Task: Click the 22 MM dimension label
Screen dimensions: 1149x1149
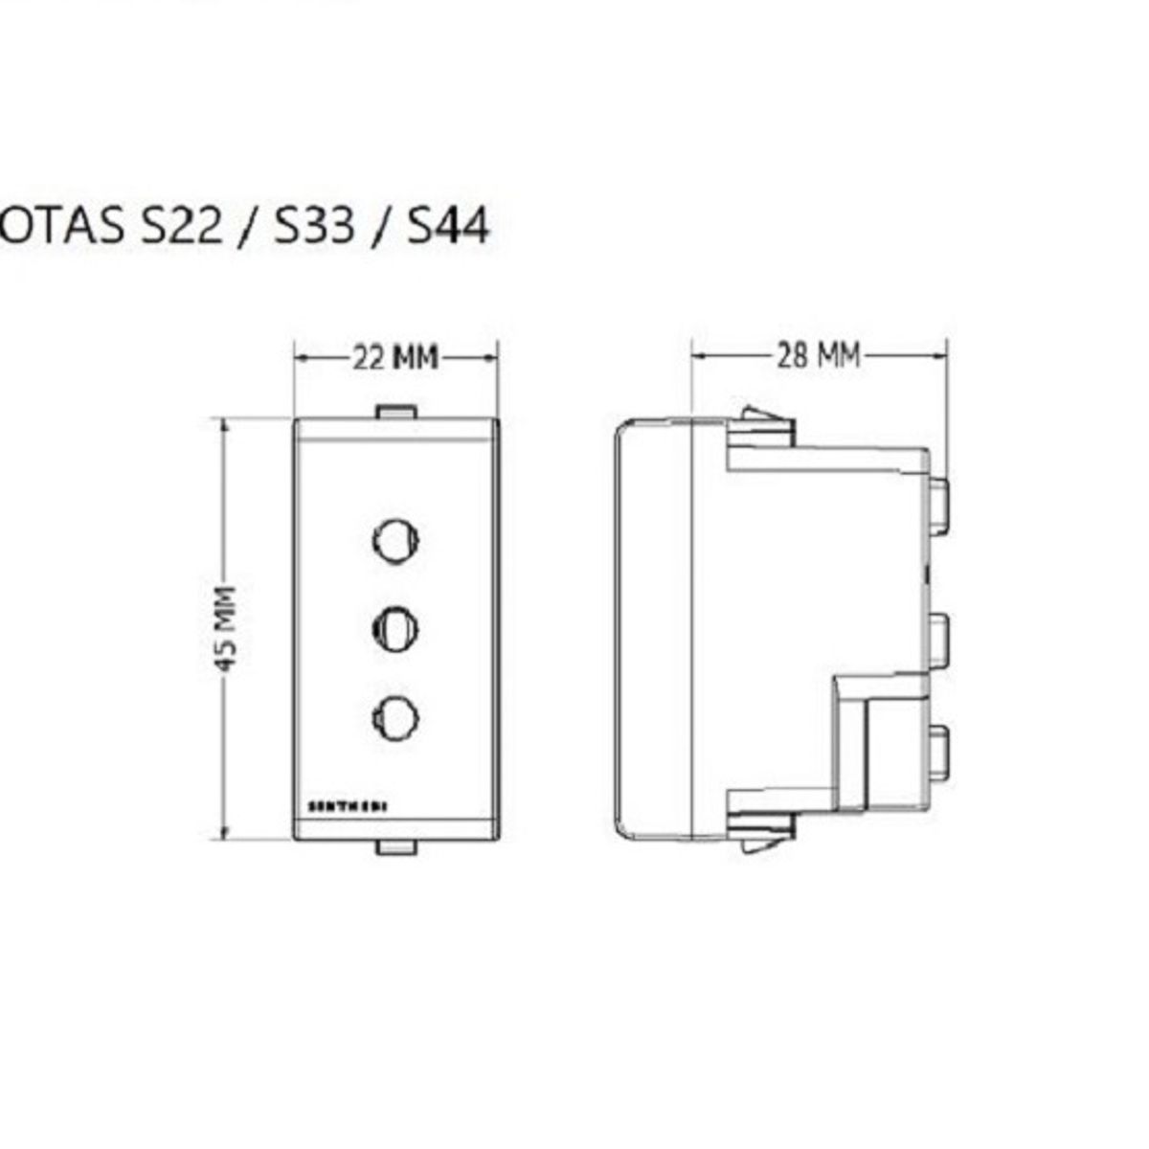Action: (395, 358)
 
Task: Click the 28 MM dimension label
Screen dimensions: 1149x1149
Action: (817, 356)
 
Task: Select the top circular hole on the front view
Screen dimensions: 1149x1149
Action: (395, 540)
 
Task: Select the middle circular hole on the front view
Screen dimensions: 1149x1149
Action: (395, 628)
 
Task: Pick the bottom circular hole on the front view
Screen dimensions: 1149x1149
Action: (395, 717)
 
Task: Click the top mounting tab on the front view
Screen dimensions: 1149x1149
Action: (395, 412)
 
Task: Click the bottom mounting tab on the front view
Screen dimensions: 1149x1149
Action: (395, 846)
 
